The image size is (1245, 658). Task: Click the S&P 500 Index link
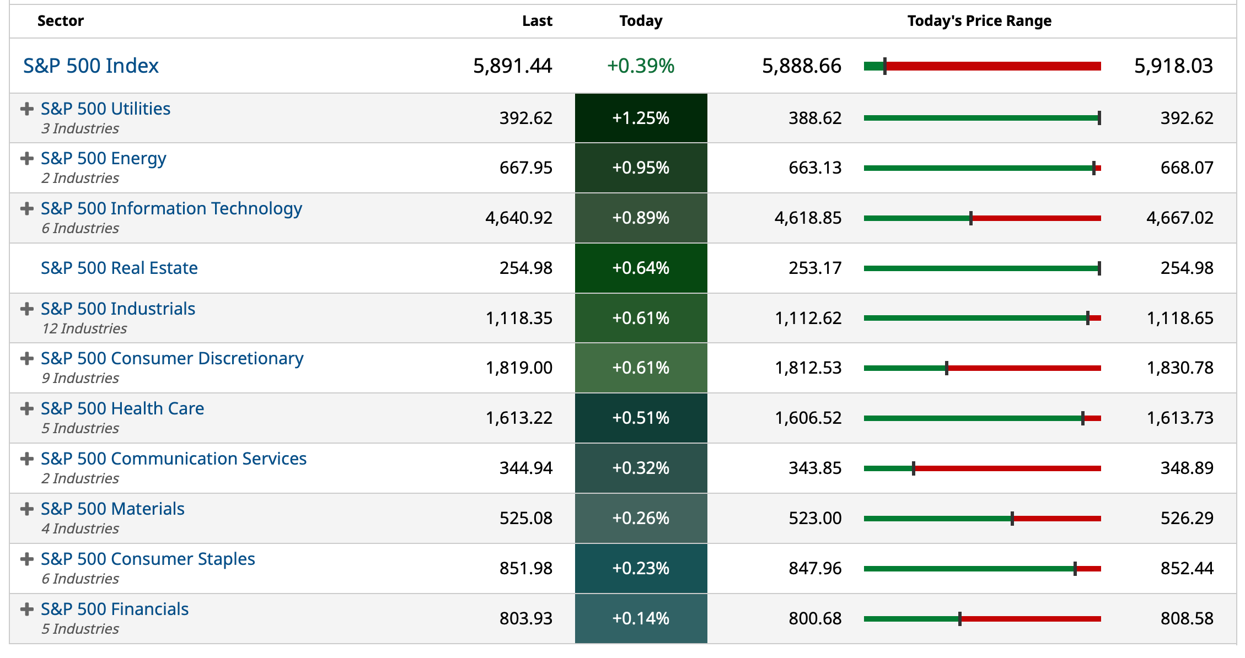(x=91, y=66)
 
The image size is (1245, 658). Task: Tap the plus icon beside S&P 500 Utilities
(x=26, y=109)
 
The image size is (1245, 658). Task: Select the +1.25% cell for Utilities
(x=641, y=118)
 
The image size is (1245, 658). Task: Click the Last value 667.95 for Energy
(x=525, y=168)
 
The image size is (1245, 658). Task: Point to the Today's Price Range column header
(x=979, y=21)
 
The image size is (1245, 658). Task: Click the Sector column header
(x=61, y=21)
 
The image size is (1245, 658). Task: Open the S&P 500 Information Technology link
(x=171, y=208)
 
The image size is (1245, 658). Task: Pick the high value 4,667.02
(x=1179, y=218)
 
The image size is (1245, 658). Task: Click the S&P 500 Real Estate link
(x=119, y=268)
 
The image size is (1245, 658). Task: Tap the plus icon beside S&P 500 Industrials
(x=26, y=309)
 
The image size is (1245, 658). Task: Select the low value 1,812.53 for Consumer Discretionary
(x=808, y=368)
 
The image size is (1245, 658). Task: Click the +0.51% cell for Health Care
(x=641, y=418)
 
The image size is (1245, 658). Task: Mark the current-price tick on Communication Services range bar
(x=914, y=468)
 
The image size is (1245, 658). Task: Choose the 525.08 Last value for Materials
(x=525, y=518)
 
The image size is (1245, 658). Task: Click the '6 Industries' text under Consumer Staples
(x=81, y=579)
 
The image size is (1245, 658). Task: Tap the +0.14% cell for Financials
(x=641, y=618)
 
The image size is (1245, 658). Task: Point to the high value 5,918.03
(x=1173, y=66)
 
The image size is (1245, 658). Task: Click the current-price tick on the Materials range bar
(x=1012, y=519)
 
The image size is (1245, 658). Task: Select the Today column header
(x=641, y=21)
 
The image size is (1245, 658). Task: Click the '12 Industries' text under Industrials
(x=84, y=328)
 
